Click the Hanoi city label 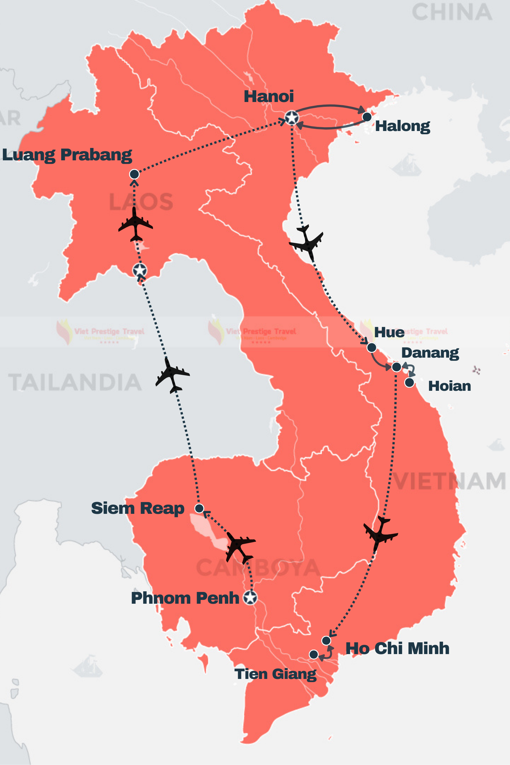[x=269, y=96]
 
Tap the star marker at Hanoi [x=292, y=118]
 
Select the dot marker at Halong [x=367, y=117]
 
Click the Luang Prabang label [x=67, y=155]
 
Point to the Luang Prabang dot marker [x=134, y=174]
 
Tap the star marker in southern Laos [x=140, y=270]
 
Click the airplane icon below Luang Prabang [x=135, y=224]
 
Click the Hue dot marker [x=371, y=347]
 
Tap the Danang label [x=430, y=353]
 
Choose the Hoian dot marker [x=410, y=382]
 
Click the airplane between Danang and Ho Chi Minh [x=380, y=533]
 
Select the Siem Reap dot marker [x=199, y=508]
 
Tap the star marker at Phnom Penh [x=250, y=597]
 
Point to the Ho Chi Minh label [x=397, y=648]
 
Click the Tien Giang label [x=275, y=674]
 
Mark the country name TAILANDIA [x=75, y=382]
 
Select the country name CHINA [x=452, y=12]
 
